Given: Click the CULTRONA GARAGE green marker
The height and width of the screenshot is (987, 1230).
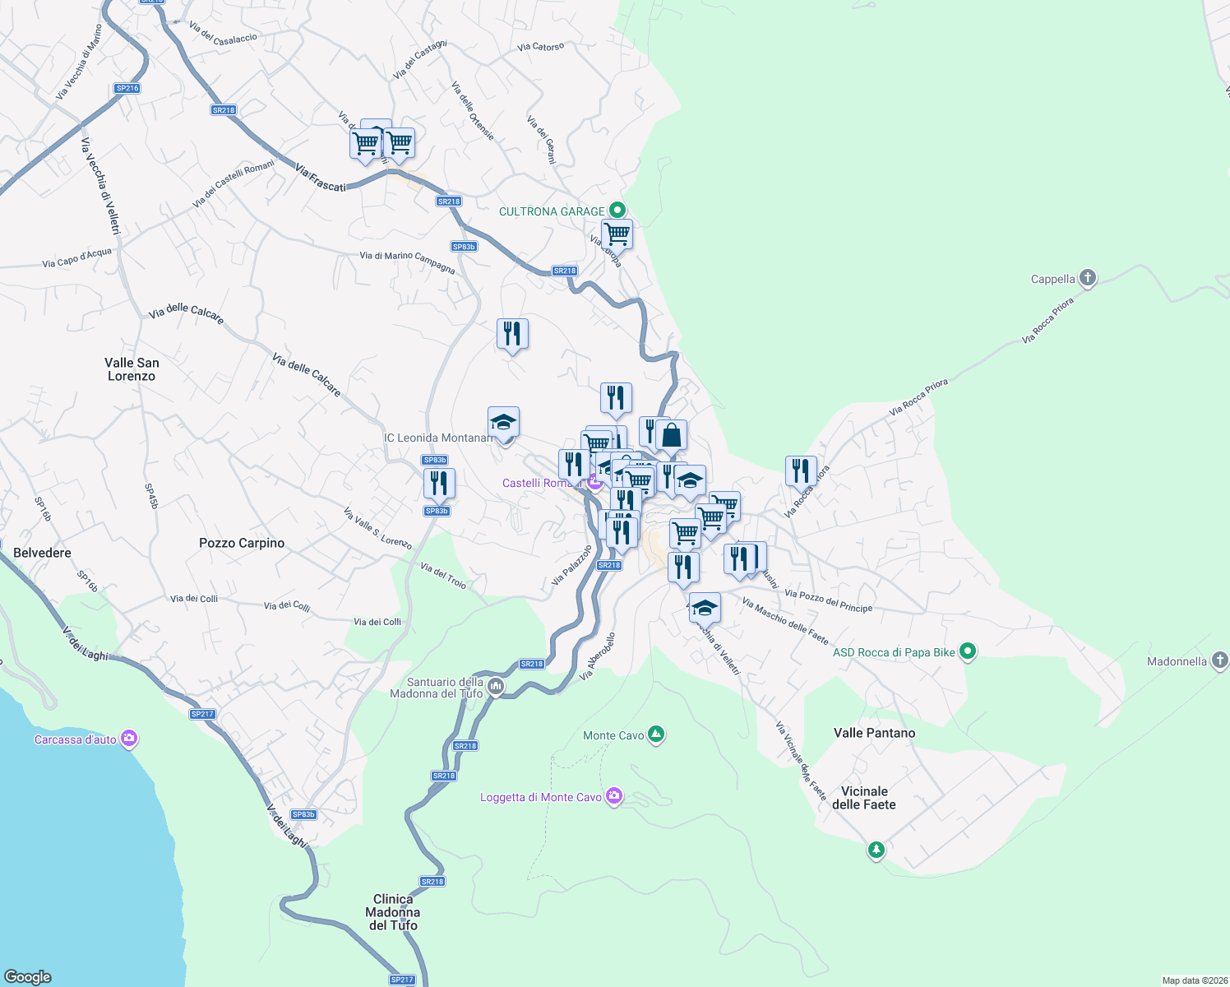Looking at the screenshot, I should click(618, 211).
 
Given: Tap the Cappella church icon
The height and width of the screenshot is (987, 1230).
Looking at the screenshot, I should click(1088, 278).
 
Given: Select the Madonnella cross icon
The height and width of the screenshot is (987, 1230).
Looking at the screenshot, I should click(1220, 660).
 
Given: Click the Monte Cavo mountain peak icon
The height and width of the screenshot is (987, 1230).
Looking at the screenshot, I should click(655, 734).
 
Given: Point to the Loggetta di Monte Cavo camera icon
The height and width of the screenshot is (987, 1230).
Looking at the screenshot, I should click(613, 796).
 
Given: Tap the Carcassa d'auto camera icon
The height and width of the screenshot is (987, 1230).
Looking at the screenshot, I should click(128, 739).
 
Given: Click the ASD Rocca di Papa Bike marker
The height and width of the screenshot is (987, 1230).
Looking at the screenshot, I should click(968, 651).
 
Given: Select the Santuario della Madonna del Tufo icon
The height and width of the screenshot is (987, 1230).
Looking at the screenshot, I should click(495, 687).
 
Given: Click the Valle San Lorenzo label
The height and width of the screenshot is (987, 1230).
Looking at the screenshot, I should click(132, 369).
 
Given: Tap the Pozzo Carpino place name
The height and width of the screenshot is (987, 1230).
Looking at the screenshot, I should click(242, 543).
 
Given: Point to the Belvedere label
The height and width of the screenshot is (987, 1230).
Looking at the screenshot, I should click(43, 553).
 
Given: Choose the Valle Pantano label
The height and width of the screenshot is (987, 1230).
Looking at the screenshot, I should click(874, 733).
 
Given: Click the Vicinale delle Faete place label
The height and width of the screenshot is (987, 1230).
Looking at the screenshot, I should click(864, 798).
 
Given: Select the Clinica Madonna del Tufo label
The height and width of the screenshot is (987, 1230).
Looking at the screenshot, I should click(393, 912).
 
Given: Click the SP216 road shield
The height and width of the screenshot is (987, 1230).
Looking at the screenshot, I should click(127, 88).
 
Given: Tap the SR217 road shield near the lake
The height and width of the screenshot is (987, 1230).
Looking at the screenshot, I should click(202, 714).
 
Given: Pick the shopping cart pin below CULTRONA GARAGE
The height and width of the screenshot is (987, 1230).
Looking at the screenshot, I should click(617, 234).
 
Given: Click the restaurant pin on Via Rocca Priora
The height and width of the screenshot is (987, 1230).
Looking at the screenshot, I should click(801, 471).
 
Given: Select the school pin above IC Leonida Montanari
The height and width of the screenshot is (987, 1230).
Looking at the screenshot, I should click(503, 423).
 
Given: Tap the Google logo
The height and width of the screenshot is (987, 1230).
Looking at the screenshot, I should click(28, 976).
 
